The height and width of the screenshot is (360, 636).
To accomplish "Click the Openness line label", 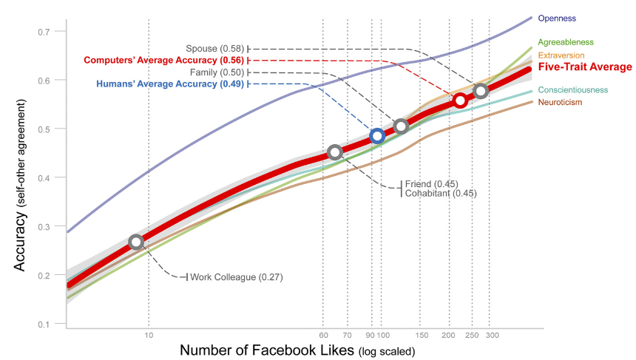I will (558, 18).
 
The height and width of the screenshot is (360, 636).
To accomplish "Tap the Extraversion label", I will (561, 55).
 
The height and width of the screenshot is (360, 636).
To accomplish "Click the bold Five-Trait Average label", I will (585, 67).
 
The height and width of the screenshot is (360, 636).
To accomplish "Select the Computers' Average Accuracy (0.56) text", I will (163, 60).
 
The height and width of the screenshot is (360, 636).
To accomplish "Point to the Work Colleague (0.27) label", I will (237, 277).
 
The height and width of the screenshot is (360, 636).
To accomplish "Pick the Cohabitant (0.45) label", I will (441, 194).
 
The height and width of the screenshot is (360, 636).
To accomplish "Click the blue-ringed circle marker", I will (377, 136).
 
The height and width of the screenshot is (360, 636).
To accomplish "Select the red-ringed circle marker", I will (460, 100).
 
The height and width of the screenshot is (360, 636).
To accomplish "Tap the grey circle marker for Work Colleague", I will (135, 242).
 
